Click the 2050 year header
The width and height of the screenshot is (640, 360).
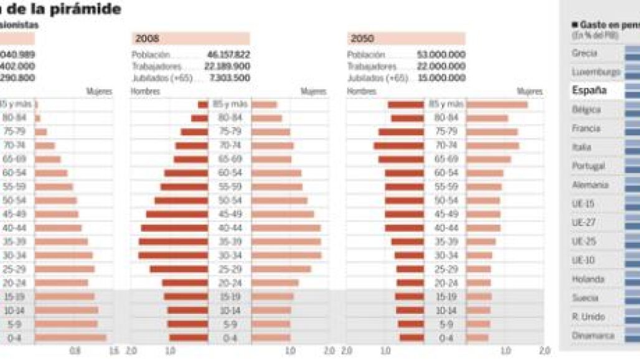pos(362,39)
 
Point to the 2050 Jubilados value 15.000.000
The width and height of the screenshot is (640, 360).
pos(442,78)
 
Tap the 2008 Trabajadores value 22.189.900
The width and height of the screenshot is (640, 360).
pos(227,66)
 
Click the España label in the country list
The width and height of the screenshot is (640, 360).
pos(589,90)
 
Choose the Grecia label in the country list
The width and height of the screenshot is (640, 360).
pos(585,54)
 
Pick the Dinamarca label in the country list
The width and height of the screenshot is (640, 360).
pos(593,336)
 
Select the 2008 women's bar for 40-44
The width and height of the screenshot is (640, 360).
pos(286,228)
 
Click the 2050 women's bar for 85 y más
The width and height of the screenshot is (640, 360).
pos(497,105)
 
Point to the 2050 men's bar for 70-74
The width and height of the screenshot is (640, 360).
pos(398,146)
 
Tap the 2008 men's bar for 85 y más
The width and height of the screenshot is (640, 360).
pos(203,105)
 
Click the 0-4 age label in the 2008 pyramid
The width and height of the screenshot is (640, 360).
pos(230,338)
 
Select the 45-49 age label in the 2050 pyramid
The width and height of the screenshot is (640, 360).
pos(446,214)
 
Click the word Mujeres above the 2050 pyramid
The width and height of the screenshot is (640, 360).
pos(529,92)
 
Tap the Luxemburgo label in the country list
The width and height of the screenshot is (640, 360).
pos(596,72)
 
